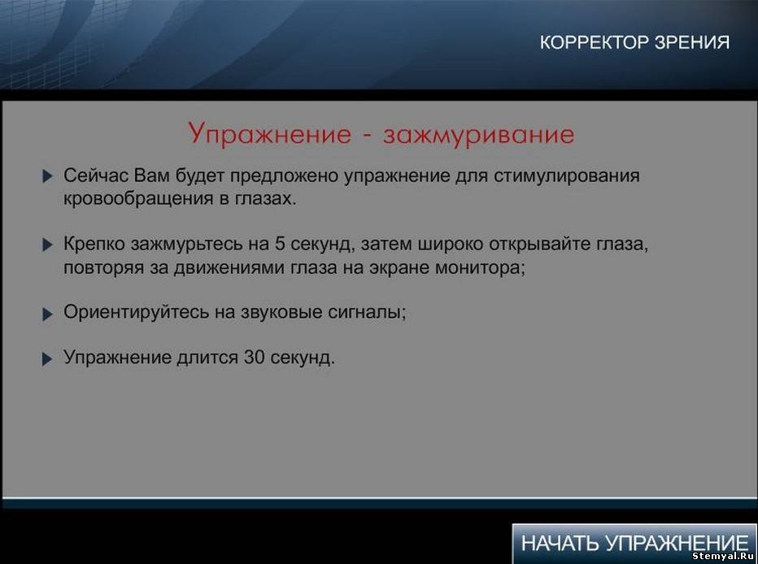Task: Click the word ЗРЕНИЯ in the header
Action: click(x=692, y=42)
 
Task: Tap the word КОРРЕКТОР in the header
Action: click(x=595, y=42)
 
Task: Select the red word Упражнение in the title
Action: click(x=270, y=134)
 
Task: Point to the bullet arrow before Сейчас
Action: click(x=47, y=176)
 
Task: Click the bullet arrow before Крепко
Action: click(x=47, y=245)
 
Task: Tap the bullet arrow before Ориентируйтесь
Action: click(x=47, y=315)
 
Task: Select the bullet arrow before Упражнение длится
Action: click(x=47, y=359)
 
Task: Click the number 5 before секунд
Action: click(x=280, y=243)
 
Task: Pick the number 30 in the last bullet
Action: click(x=254, y=358)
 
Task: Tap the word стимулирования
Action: click(x=566, y=176)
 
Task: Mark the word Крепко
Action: click(x=94, y=245)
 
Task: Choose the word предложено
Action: click(x=284, y=176)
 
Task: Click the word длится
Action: click(x=207, y=358)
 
